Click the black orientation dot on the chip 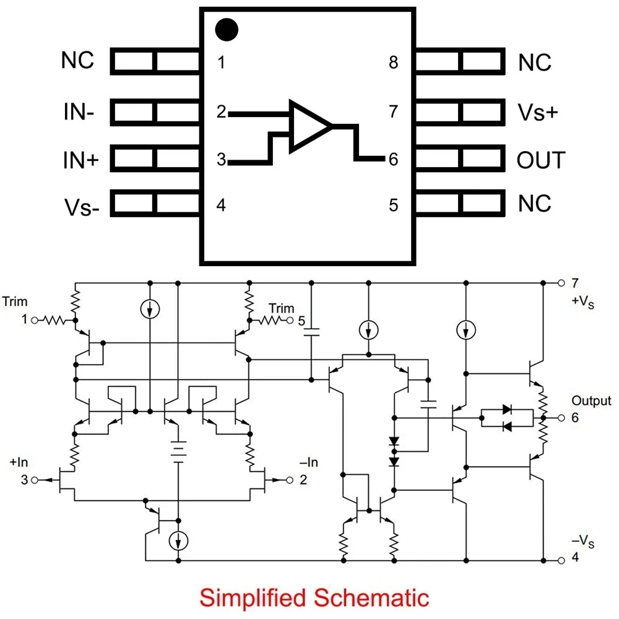(227, 29)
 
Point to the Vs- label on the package (81, 206)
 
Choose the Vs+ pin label (538, 113)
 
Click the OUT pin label (540, 160)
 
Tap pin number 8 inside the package (394, 63)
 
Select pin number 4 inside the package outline (221, 205)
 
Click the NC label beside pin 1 (78, 61)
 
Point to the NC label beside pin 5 (534, 204)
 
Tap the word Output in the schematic (591, 401)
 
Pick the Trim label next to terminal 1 (15, 302)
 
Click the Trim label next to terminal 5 (281, 308)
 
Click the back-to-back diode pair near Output (507, 417)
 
